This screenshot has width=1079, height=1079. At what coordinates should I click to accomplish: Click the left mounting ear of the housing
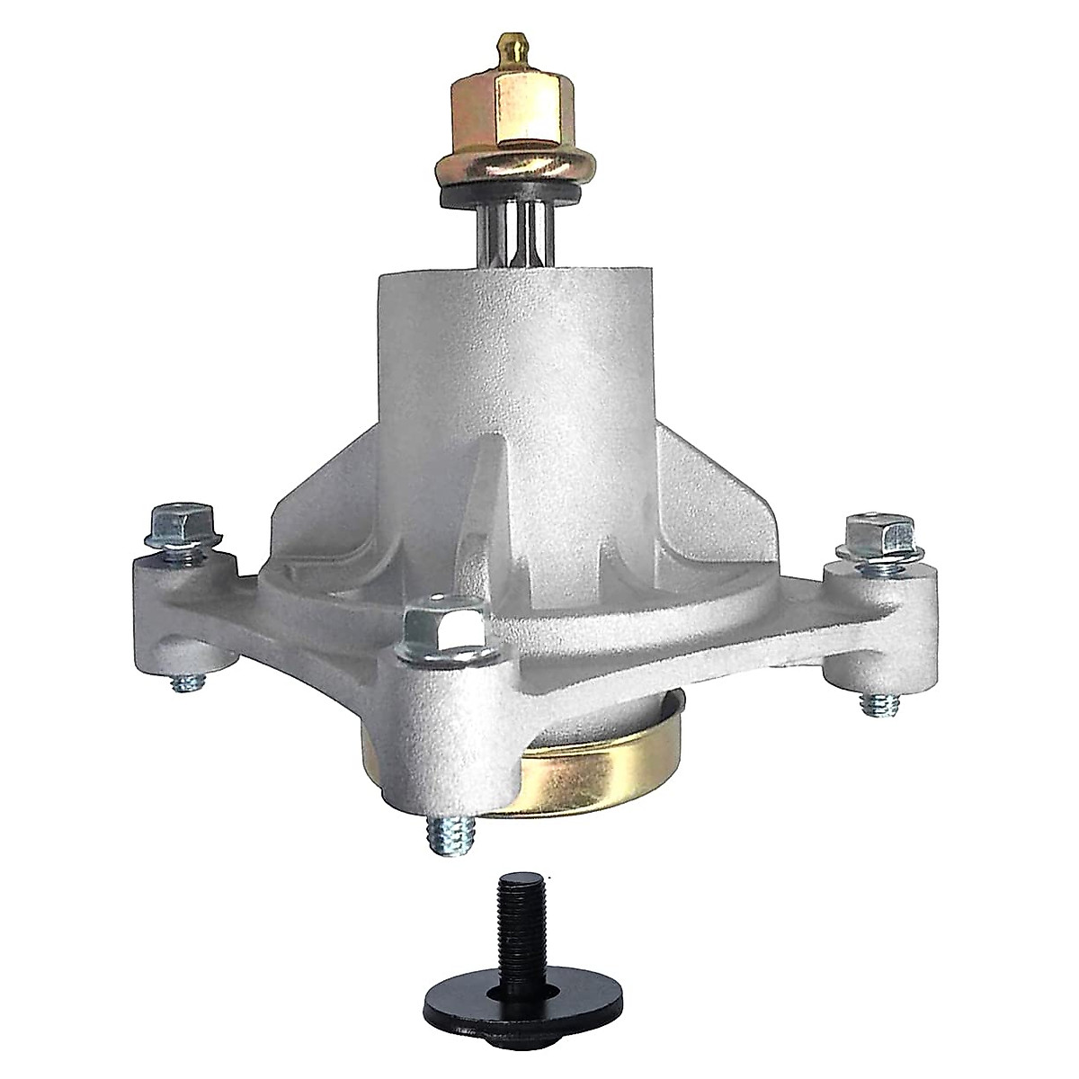pos(180,611)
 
